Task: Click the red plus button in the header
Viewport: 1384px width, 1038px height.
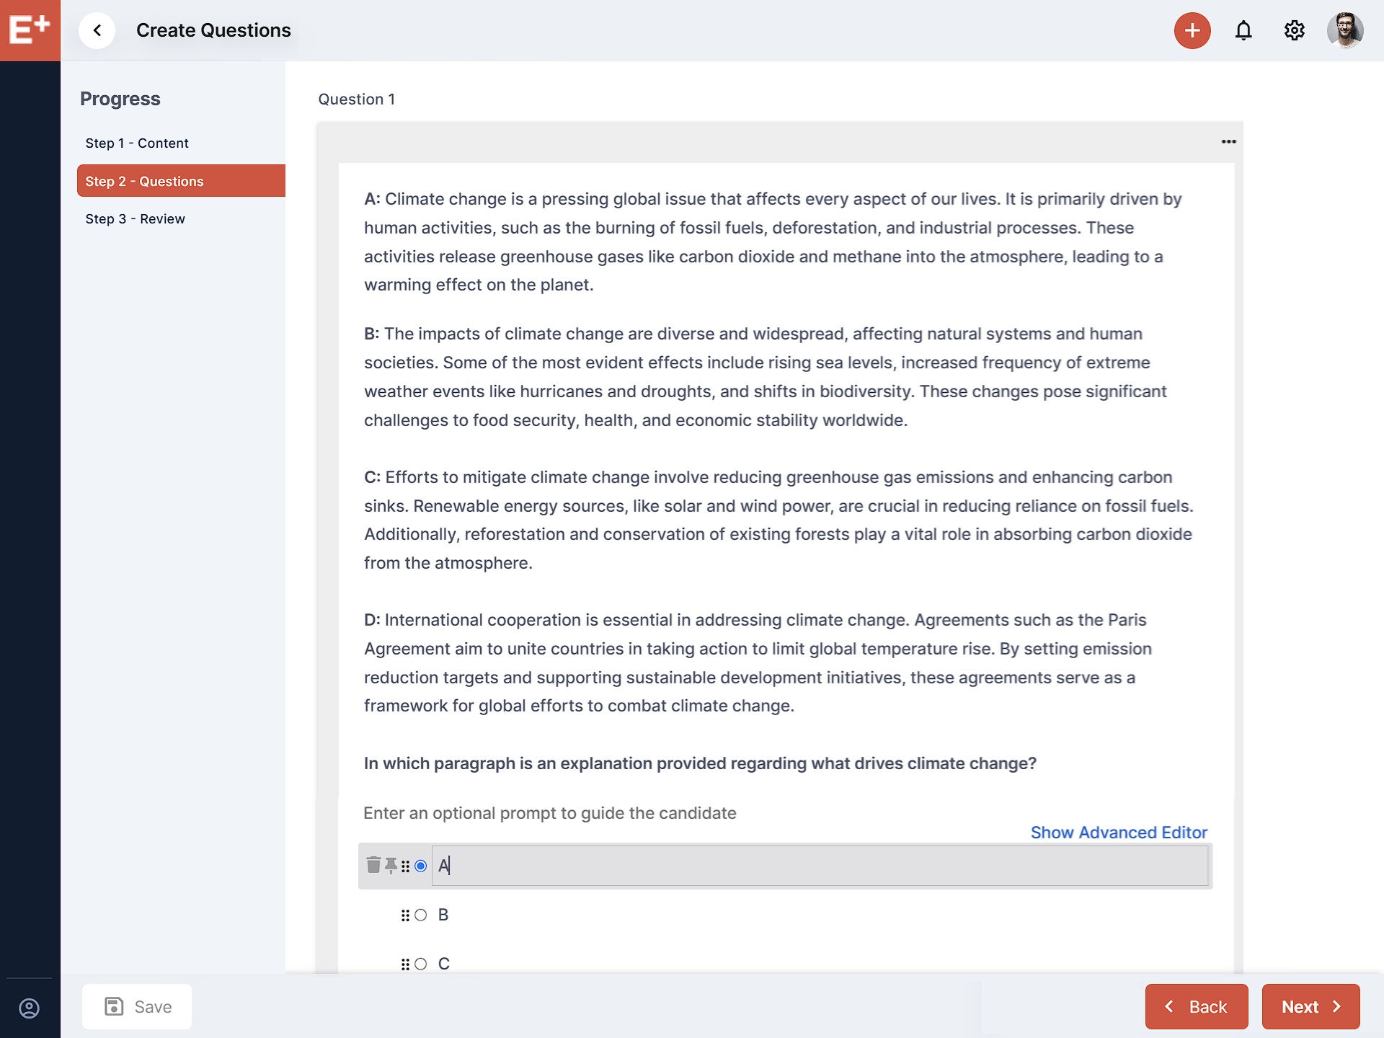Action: (x=1192, y=30)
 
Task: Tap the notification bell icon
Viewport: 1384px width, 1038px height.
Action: (x=1243, y=30)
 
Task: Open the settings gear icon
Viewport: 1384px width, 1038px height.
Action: (x=1295, y=30)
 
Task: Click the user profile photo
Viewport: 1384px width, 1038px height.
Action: (x=1345, y=30)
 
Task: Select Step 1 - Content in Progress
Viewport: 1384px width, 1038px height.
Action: (x=137, y=143)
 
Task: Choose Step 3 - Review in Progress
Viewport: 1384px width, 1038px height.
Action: (x=135, y=219)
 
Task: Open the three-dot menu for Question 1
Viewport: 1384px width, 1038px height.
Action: (x=1229, y=142)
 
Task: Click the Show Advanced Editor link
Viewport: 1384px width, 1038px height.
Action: (x=1119, y=833)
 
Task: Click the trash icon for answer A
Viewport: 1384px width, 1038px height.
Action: (x=373, y=865)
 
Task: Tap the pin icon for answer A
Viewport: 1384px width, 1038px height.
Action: (x=391, y=865)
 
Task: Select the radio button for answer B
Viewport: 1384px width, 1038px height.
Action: (x=421, y=915)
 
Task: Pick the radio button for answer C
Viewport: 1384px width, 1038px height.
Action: (x=421, y=964)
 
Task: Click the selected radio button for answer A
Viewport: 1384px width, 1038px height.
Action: (x=421, y=866)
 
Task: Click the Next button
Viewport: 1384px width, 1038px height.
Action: (x=1310, y=1007)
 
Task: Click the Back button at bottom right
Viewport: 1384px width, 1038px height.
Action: (x=1197, y=1007)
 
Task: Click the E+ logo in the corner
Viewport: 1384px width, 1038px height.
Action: (x=30, y=30)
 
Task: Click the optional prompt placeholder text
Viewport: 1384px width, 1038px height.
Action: (x=549, y=813)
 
